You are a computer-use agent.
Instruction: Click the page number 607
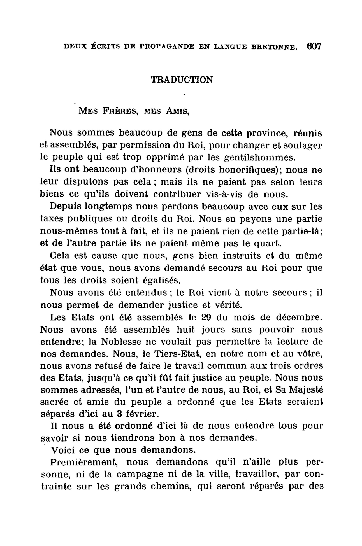pyautogui.click(x=314, y=46)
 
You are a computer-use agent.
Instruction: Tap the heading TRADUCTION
pyautogui.click(x=182, y=80)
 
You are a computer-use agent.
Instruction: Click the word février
pyautogui.click(x=144, y=414)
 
